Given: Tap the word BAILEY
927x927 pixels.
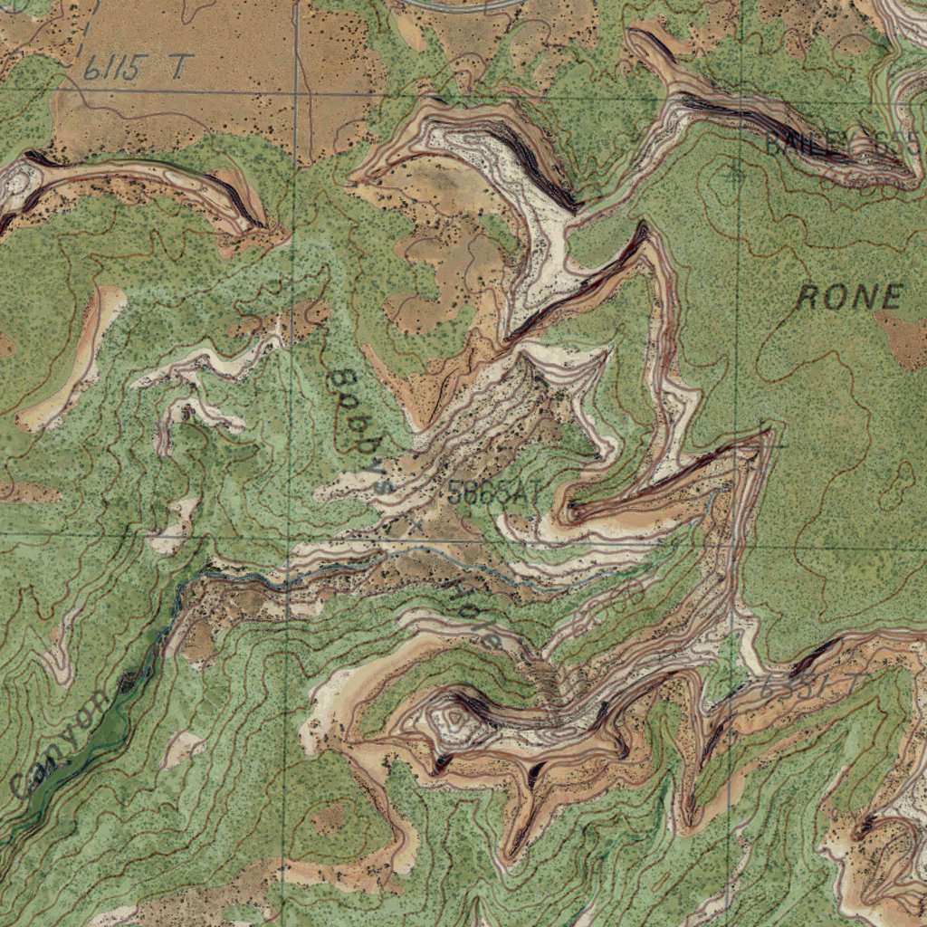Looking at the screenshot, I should point(808,143).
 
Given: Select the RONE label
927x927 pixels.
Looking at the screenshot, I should point(850,297).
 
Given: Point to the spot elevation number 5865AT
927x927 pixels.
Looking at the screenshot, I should point(493,493).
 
